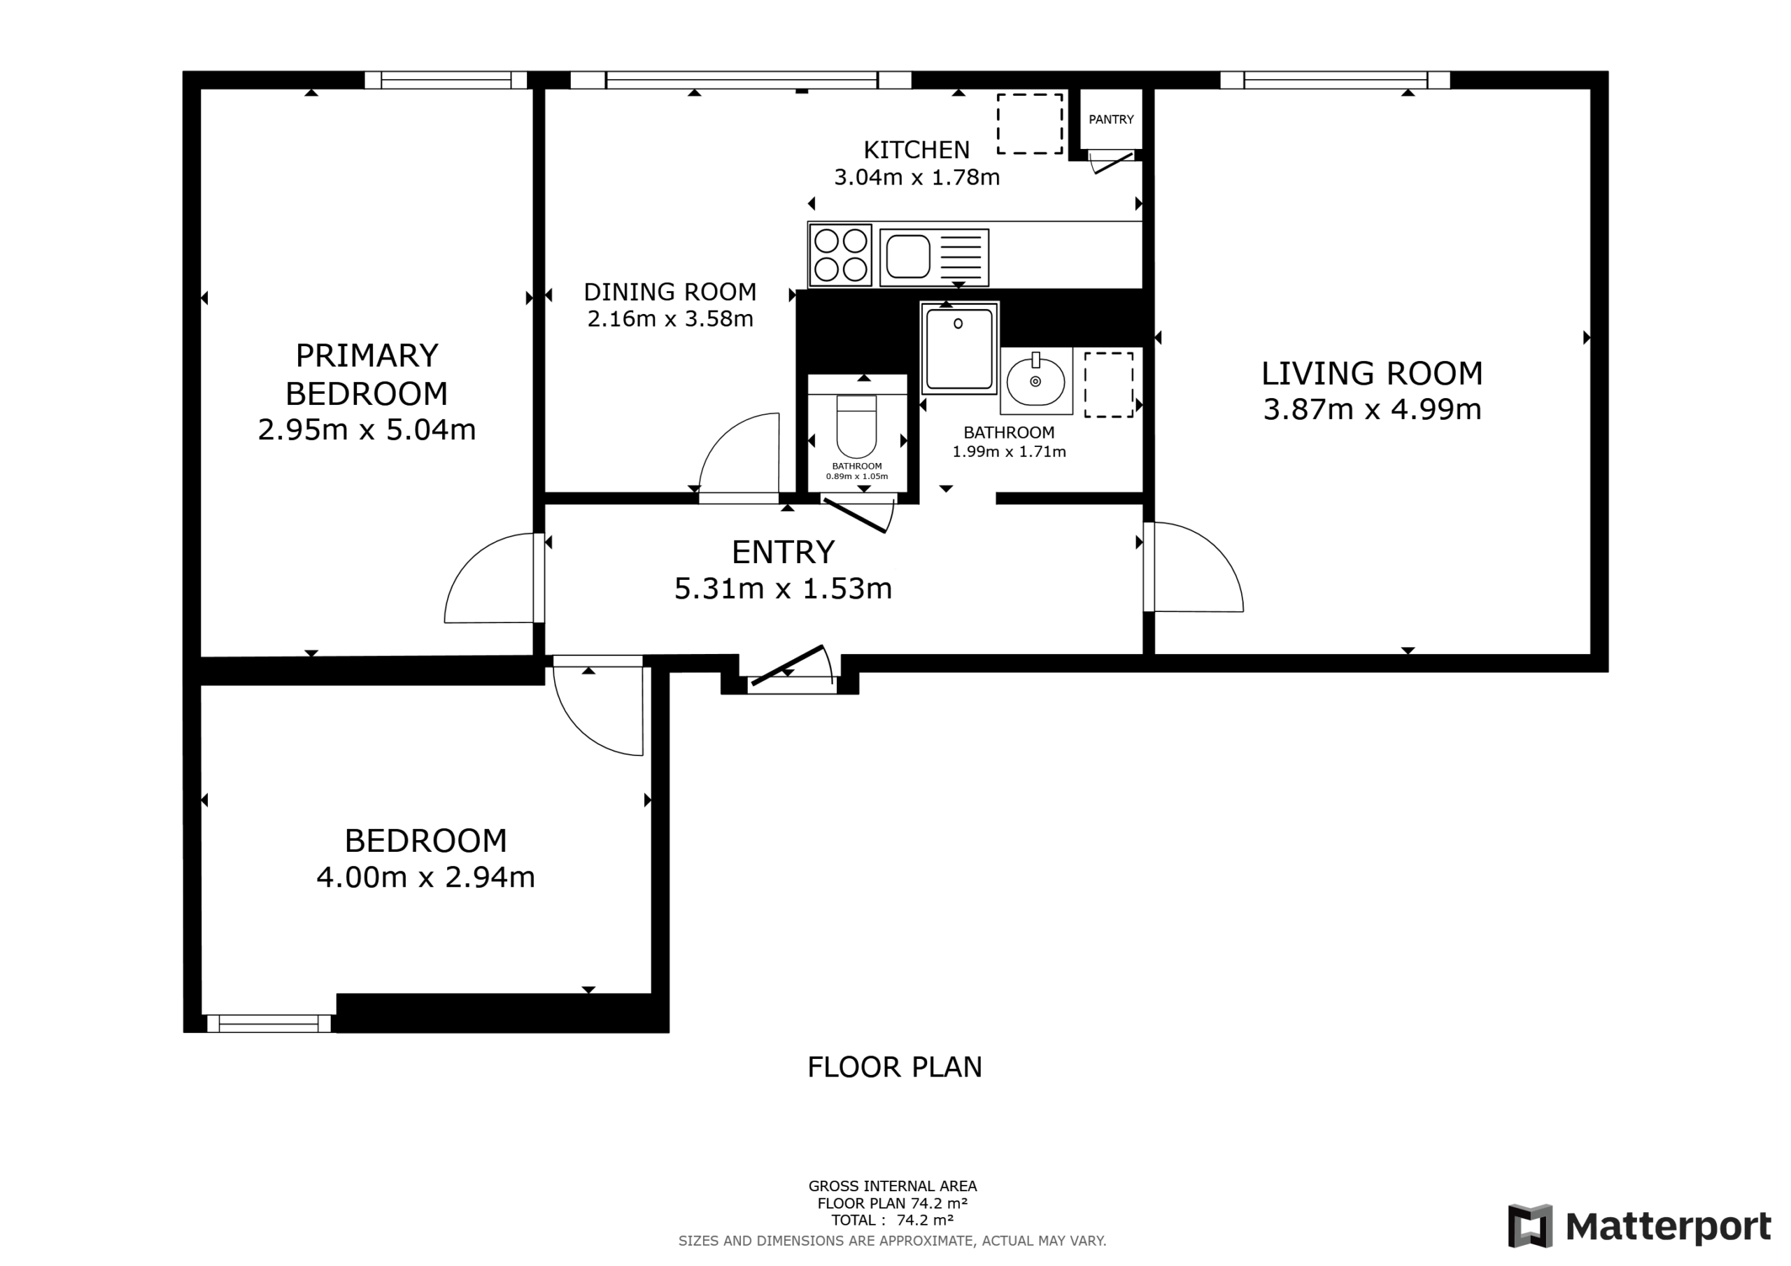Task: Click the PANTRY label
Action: coord(1111,120)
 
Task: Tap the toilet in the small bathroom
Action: coord(856,426)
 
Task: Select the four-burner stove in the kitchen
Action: coord(840,255)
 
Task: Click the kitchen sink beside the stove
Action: coord(934,257)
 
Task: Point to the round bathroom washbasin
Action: coord(1036,380)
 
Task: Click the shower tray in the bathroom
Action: coord(959,348)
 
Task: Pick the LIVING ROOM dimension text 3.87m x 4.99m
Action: coord(1372,409)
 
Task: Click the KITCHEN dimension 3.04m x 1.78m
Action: coord(916,177)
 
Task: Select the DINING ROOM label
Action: coord(670,292)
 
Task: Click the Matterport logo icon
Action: coord(1529,1225)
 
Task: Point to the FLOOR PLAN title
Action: coord(895,1067)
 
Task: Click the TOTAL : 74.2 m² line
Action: coord(893,1220)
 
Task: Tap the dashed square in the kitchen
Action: coord(1030,124)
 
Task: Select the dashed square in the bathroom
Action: coord(1108,385)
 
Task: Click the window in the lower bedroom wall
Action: coord(269,1023)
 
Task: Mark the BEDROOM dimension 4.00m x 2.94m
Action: coord(426,878)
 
